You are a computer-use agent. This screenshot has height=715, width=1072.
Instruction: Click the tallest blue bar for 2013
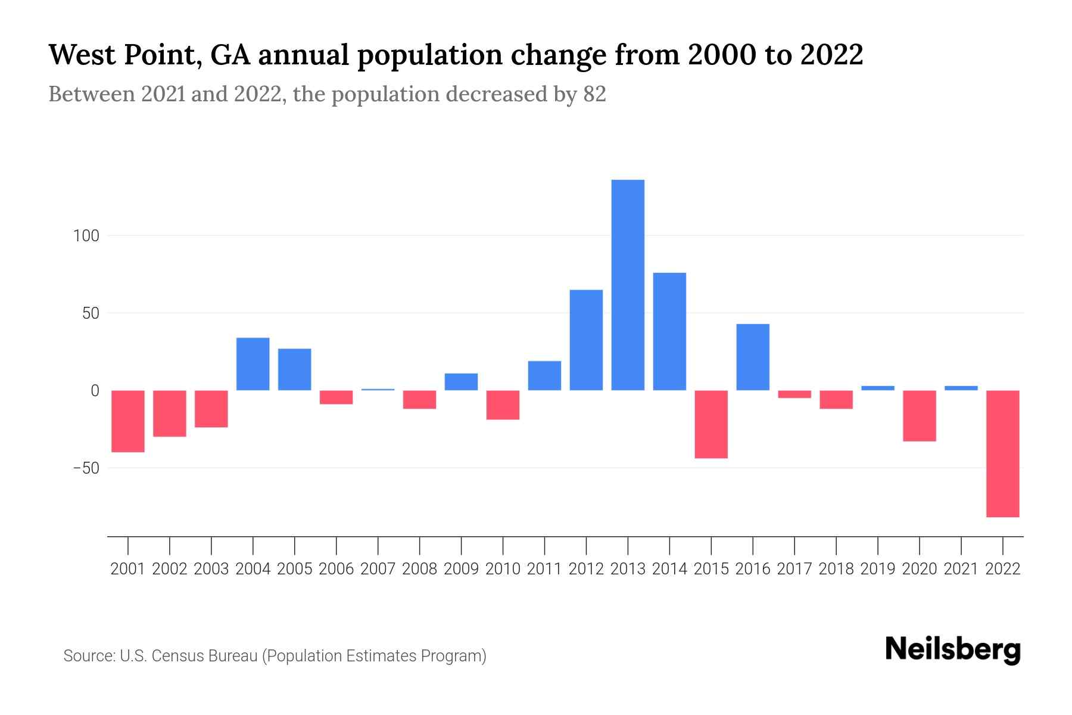[x=628, y=285]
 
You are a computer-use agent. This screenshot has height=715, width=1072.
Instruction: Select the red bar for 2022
[x=1003, y=453]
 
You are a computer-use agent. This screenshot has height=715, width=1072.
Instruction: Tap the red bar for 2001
[x=128, y=421]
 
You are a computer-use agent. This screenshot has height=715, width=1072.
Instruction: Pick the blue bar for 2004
[x=253, y=364]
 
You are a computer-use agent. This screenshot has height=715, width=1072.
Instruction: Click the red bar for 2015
[x=711, y=424]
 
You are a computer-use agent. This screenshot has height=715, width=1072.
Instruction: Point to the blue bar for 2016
[x=753, y=357]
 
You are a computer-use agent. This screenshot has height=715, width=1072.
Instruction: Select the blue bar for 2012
[x=586, y=340]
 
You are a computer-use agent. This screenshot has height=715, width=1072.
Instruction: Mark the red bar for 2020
[x=920, y=416]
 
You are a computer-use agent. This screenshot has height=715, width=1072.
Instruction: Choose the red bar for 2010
[x=503, y=405]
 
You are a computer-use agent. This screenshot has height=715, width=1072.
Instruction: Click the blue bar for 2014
[x=669, y=331]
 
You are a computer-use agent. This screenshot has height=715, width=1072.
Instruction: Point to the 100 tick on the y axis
[x=86, y=236]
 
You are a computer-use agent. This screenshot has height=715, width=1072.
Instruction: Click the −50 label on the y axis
[x=86, y=468]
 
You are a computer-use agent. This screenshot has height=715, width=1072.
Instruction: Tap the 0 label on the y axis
[x=94, y=391]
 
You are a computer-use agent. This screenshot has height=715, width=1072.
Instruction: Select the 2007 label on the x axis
[x=378, y=569]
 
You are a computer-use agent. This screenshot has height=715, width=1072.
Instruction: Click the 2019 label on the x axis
[x=878, y=569]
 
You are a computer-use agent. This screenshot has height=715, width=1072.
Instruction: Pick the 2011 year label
[x=544, y=569]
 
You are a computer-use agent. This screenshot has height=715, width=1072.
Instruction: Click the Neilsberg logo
[x=952, y=650]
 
